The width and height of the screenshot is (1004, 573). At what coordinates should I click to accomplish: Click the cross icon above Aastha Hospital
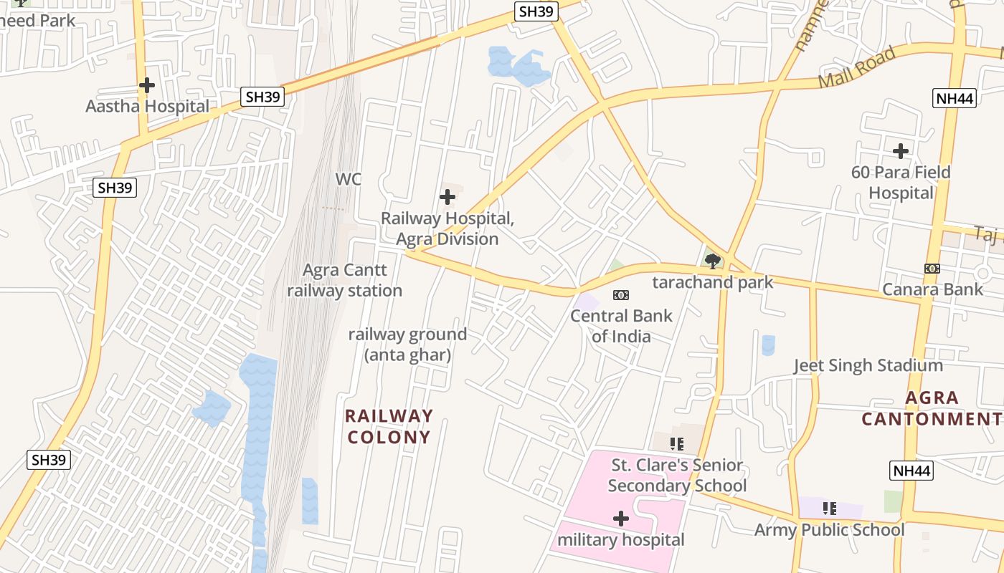click(x=147, y=85)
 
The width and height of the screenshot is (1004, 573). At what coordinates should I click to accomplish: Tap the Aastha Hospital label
click(x=147, y=107)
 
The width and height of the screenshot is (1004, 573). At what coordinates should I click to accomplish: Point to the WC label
click(x=349, y=179)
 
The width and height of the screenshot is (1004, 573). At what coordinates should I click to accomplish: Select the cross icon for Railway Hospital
click(x=447, y=197)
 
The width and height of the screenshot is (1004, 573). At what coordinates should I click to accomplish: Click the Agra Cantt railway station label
click(x=345, y=280)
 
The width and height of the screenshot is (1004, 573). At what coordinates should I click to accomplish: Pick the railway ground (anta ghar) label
click(x=407, y=345)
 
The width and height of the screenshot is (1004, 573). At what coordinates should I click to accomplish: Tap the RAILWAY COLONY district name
click(x=389, y=426)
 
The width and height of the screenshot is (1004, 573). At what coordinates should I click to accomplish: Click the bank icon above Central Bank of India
click(x=621, y=294)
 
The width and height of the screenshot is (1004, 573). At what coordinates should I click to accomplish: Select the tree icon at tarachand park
click(x=713, y=261)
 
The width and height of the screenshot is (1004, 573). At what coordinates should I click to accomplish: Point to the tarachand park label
click(x=713, y=282)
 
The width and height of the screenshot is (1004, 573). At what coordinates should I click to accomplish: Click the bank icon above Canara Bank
click(x=932, y=269)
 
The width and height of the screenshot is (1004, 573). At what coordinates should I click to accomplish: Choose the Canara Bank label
click(x=932, y=289)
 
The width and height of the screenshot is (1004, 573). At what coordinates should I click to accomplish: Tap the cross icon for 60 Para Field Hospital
click(x=901, y=151)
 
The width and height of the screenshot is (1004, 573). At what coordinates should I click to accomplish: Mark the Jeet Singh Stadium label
click(x=868, y=366)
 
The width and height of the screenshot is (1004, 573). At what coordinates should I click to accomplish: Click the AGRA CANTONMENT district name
click(x=932, y=408)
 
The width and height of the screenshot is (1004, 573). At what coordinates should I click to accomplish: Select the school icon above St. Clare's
click(x=677, y=444)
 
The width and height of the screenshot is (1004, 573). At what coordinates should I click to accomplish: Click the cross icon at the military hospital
click(x=621, y=518)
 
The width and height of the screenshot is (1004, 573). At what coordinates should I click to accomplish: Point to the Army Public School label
click(x=829, y=530)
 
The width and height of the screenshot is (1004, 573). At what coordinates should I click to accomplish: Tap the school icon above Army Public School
click(x=830, y=509)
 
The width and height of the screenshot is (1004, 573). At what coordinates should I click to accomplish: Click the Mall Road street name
click(x=857, y=67)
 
